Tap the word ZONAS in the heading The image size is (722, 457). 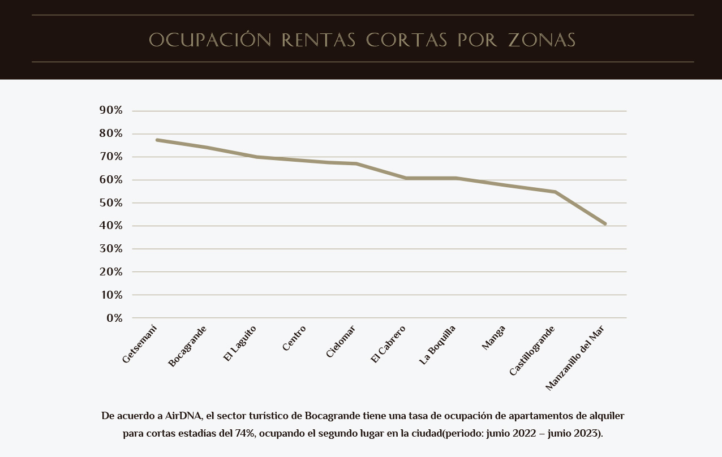(x=541, y=40)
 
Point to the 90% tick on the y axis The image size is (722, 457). (x=111, y=110)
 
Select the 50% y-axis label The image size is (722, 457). (x=111, y=202)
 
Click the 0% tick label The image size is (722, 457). (x=114, y=318)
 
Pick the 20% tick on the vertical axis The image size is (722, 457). (x=111, y=271)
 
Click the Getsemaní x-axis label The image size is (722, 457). (x=139, y=344)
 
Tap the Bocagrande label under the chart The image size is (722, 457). (x=187, y=346)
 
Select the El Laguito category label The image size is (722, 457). (x=239, y=343)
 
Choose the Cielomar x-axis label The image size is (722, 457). (x=341, y=341)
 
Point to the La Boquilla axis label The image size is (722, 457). (x=437, y=345)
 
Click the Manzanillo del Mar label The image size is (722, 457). (x=575, y=357)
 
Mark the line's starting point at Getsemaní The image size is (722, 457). (x=157, y=140)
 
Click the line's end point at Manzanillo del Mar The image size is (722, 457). (x=605, y=224)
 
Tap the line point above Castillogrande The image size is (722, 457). (x=555, y=192)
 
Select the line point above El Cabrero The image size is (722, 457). (x=406, y=178)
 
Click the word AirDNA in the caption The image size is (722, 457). (x=183, y=416)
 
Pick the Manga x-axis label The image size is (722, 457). (x=493, y=338)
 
